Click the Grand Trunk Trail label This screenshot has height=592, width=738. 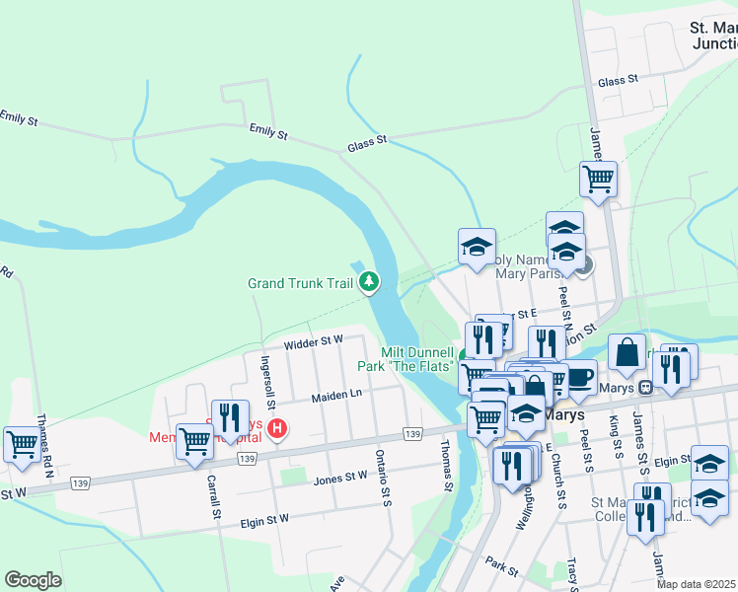300,284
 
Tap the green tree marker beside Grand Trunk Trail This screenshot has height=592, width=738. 369,283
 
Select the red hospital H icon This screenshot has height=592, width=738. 278,429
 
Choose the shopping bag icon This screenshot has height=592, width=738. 627,350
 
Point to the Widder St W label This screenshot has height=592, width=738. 313,343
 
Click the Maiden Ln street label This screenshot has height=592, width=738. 337,395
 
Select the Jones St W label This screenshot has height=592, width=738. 340,478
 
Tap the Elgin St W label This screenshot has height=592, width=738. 264,519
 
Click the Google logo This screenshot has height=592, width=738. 33,580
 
